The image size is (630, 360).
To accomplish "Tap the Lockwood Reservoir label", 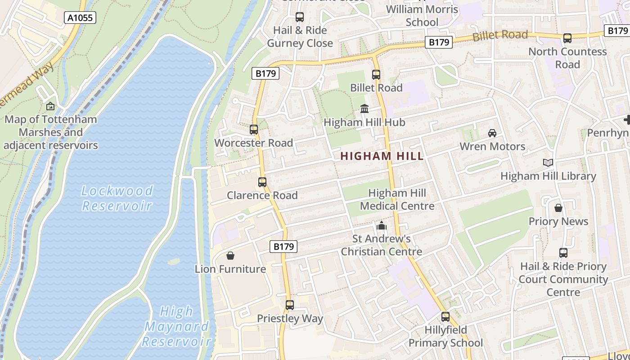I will pos(117,198).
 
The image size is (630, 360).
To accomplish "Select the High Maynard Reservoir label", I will pos(177,326).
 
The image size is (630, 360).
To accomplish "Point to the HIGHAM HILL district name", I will pos(382,156).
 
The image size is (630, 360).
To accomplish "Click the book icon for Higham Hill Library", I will pos(548,163).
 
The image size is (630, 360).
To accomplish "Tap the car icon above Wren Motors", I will pos(492,133).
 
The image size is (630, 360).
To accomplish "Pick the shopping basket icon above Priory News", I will pos(558,208).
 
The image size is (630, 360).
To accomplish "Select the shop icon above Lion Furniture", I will pos(230,256).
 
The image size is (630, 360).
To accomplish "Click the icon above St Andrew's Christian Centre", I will pos(382,225).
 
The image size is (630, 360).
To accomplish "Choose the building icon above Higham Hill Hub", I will pos(364,109).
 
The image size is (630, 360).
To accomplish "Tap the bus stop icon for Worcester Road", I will pos(254,130).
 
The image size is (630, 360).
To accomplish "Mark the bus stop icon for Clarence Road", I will pos(262,182).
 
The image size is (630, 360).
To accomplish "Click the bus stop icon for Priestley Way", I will pos(290,305).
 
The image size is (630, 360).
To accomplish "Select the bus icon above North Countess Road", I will pos(567,38).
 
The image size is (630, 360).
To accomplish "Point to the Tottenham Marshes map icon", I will pos(50,106).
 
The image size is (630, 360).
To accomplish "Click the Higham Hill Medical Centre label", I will pos(397,199).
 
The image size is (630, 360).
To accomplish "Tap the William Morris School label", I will pos(422,15).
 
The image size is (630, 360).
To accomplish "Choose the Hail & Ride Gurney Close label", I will pos(300,37).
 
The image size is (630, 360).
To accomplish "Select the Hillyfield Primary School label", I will pos(445,336).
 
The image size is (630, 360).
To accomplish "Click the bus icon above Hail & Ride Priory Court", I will pos(563,253).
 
